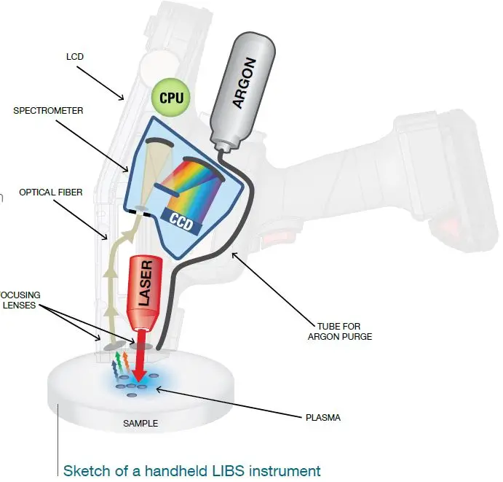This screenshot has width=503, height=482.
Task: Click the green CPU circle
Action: [x=170, y=96]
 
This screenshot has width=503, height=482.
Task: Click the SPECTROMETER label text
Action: [x=48, y=111]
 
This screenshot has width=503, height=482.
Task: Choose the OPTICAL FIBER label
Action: [x=51, y=193]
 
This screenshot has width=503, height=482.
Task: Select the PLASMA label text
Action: [x=322, y=418]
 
